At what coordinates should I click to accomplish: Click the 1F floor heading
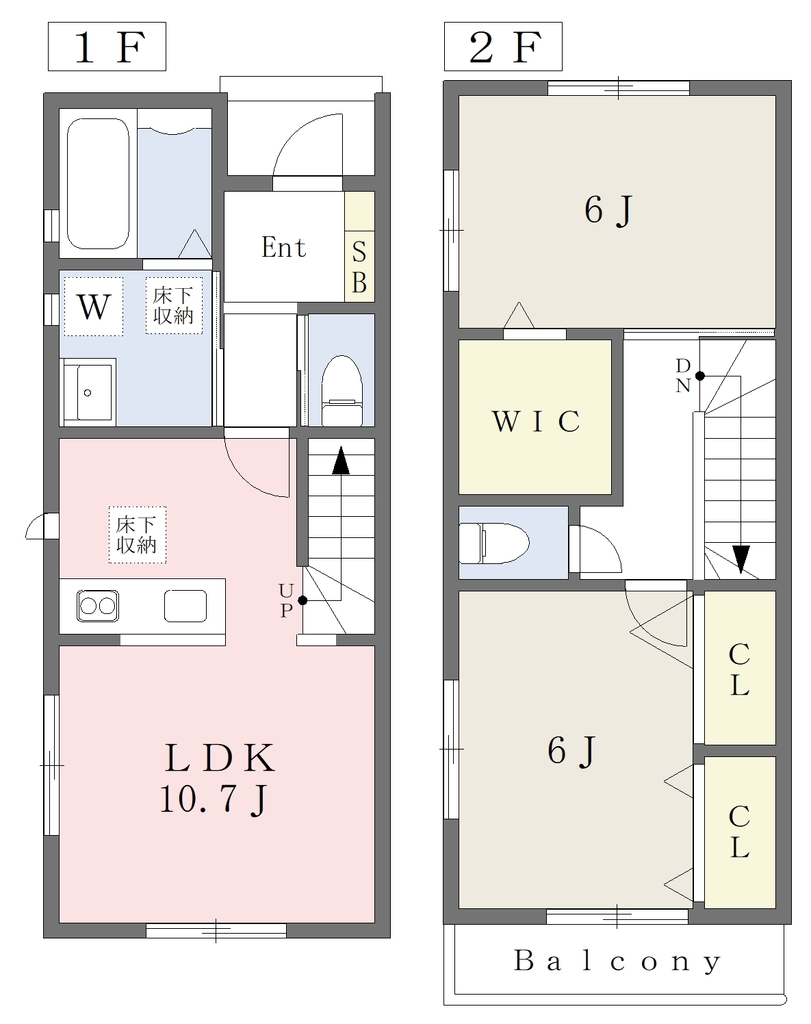click(x=107, y=46)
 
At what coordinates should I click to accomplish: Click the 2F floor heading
click(x=503, y=46)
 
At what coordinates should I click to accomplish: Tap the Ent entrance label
click(x=283, y=248)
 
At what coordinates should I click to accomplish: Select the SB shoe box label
click(x=359, y=266)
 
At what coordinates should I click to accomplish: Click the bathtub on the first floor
click(x=99, y=183)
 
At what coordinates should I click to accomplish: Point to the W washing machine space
click(x=93, y=306)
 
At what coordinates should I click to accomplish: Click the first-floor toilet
click(x=342, y=390)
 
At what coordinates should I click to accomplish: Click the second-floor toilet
click(x=494, y=542)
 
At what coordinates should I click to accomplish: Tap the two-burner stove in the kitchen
click(x=98, y=605)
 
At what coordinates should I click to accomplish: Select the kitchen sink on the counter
click(x=185, y=605)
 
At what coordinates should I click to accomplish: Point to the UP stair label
click(x=286, y=601)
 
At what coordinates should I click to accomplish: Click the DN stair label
click(x=683, y=376)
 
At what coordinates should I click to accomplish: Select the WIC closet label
click(x=535, y=421)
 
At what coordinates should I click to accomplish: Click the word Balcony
click(x=616, y=961)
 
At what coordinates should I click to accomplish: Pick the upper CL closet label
click(x=739, y=669)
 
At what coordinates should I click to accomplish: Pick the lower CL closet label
click(x=739, y=831)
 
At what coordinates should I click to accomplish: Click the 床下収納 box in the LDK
click(x=137, y=535)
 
